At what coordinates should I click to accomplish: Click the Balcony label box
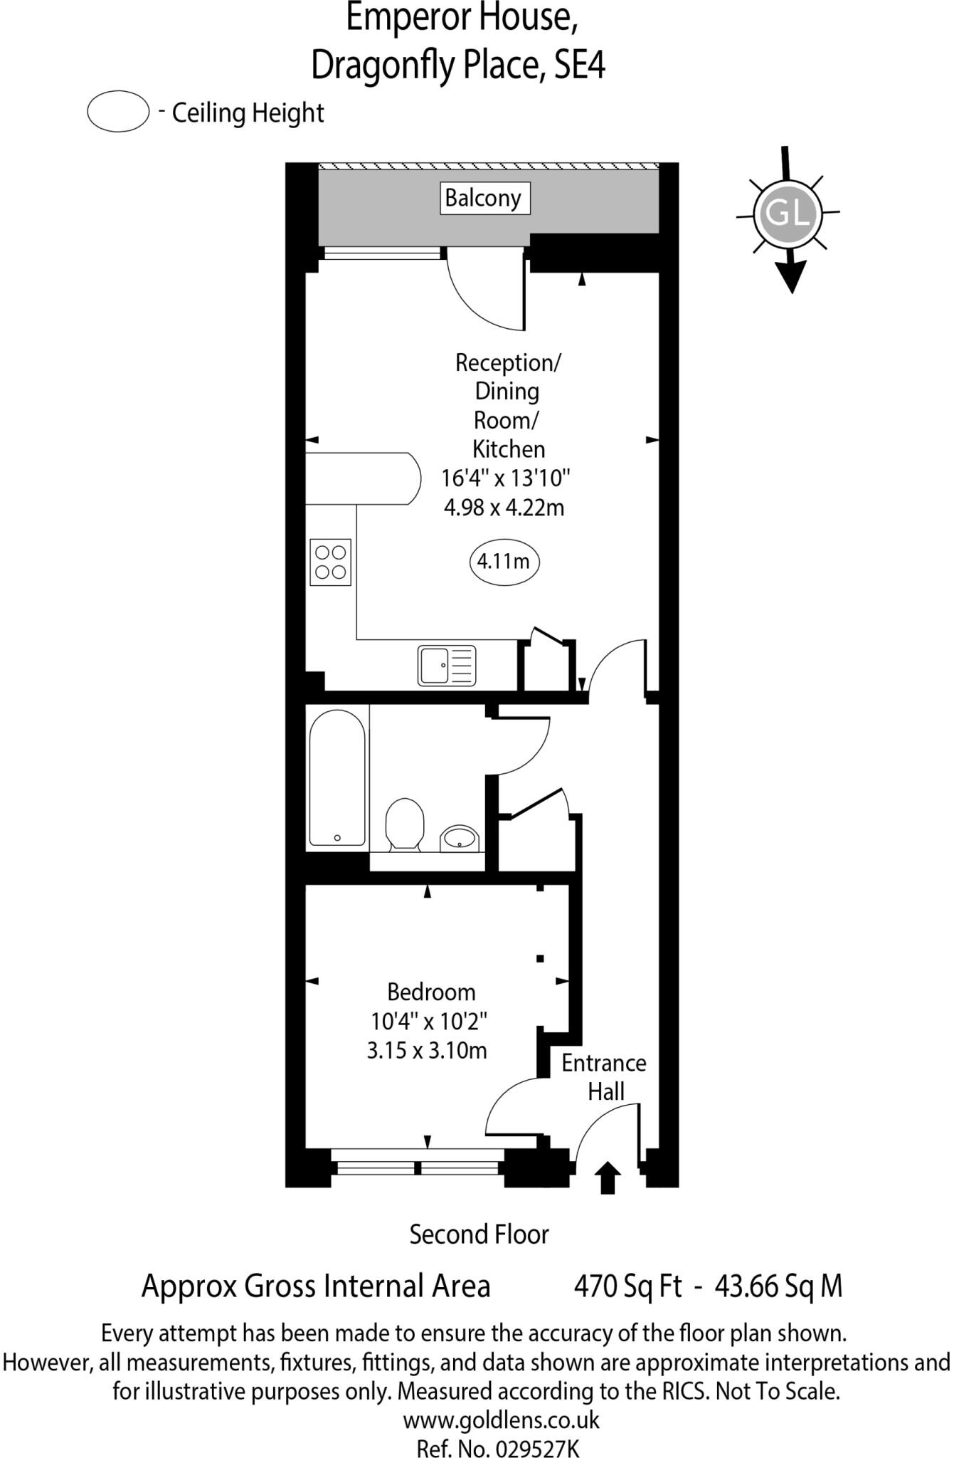483,198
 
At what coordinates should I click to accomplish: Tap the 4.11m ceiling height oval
504,562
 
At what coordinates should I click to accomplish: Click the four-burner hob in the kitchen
330,562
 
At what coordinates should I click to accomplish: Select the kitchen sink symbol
446,665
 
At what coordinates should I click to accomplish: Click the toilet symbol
404,824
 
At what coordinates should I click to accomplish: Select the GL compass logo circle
788,213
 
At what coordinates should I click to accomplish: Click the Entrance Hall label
604,1077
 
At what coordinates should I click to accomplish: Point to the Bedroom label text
431,992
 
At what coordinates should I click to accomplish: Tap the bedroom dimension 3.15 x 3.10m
427,1050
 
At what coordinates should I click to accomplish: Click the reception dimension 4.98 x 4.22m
504,508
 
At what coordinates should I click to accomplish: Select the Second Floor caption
479,1234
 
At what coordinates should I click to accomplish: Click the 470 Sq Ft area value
627,1286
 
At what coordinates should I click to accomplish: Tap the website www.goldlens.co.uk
501,1420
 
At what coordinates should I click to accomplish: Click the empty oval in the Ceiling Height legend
118,112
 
